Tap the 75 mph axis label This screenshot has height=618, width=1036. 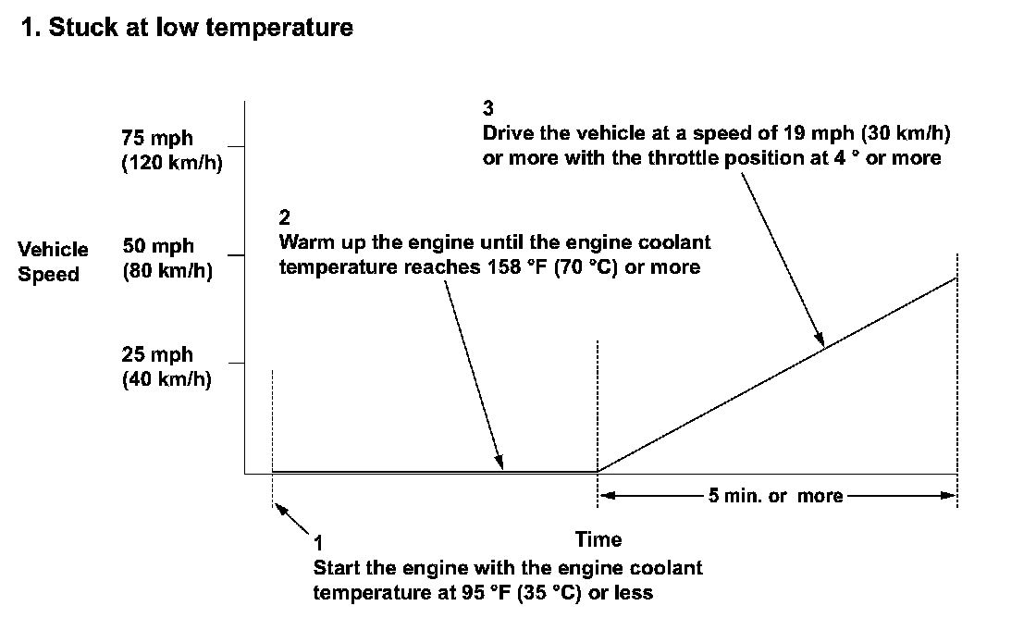tap(157, 139)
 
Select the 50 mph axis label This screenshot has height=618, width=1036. tap(158, 247)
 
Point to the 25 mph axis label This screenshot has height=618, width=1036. tap(157, 355)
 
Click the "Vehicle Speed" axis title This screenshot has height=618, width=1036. tap(54, 262)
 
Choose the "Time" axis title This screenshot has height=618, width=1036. tap(598, 539)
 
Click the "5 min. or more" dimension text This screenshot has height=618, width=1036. tap(775, 496)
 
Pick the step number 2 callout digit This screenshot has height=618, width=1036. tap(284, 218)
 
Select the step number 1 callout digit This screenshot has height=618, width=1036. tap(318, 542)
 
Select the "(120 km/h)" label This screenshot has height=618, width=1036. tap(172, 165)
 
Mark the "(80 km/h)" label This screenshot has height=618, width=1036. tap(167, 274)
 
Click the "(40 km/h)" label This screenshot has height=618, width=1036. tap(166, 381)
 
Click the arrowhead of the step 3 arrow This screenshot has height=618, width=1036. tap(820, 341)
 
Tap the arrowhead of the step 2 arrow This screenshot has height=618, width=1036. tap(500, 464)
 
